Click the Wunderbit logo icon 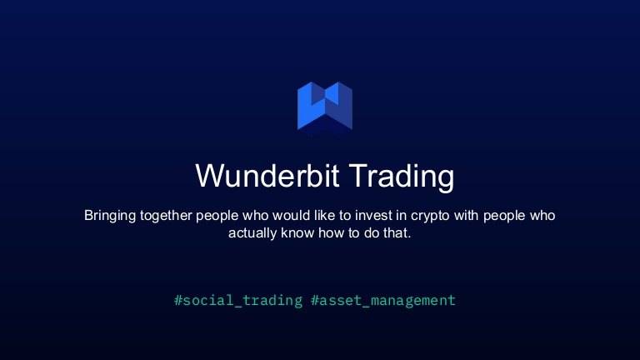click(325, 107)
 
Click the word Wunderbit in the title click(267, 177)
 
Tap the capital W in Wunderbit click(210, 177)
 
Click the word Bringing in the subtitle click(110, 215)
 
